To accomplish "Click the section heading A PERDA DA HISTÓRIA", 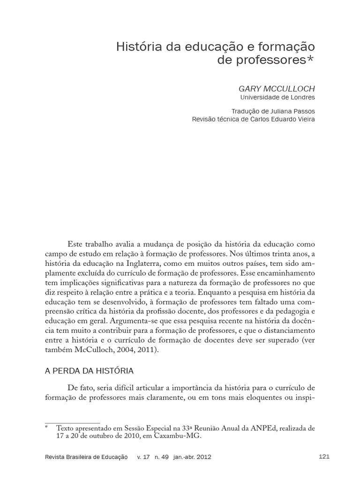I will [89, 371].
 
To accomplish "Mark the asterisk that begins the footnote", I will [47, 428].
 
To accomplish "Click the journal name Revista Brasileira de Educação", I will [87, 457].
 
